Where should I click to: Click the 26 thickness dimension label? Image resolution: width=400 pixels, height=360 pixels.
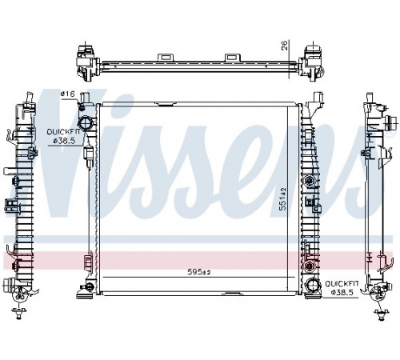285,46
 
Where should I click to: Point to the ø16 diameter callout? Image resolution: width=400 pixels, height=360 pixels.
67,94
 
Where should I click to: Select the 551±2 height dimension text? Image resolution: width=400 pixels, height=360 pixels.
282,198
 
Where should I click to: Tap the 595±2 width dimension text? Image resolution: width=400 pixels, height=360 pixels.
199,272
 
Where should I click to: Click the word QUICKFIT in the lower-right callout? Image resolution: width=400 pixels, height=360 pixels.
342,283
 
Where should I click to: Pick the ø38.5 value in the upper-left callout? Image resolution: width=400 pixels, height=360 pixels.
64,141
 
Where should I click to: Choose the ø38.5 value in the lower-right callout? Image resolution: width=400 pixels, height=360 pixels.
342,292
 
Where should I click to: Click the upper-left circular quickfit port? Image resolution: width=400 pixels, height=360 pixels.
85,123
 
